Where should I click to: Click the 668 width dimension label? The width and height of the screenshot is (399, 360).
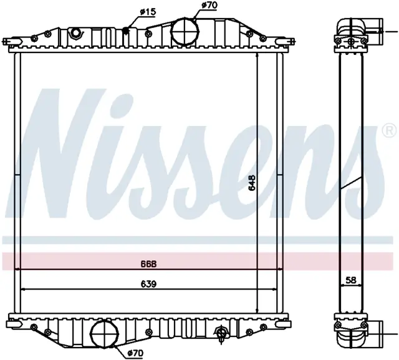click(149, 264)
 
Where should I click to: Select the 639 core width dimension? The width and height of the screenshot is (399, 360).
click(149, 284)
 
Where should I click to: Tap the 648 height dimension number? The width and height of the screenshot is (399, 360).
click(252, 183)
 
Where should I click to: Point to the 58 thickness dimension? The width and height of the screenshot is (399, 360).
click(351, 280)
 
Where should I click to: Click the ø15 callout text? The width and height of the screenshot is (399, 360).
click(148, 12)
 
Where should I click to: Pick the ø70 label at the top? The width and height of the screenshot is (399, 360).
click(209, 6)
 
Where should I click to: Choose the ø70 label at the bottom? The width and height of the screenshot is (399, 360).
click(135, 353)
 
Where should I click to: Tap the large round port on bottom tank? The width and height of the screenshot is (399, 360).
click(105, 333)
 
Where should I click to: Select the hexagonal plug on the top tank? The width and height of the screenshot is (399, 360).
click(75, 32)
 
